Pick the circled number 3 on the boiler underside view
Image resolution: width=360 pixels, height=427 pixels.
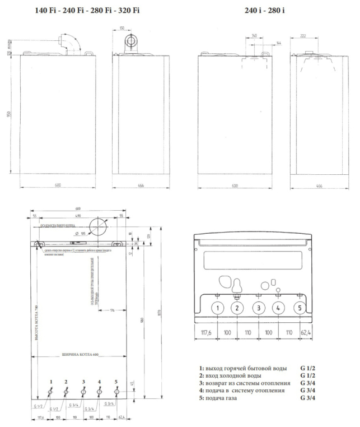[x=258, y=307]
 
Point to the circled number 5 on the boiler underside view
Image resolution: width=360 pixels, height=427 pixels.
[x=299, y=307]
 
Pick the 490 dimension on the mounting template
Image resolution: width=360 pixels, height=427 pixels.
[x=78, y=216]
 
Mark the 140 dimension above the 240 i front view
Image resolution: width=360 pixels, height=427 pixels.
[x=253, y=35]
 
